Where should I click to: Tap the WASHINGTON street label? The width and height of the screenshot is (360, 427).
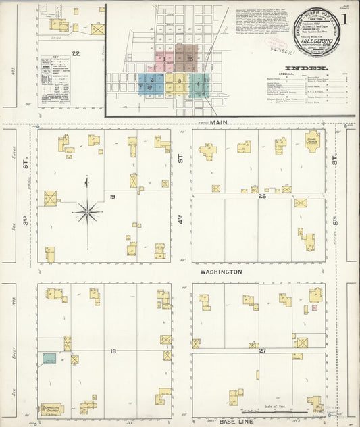click(x=220, y=272)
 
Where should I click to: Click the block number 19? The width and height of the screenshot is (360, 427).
click(x=113, y=197)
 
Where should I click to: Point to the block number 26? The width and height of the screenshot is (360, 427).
click(x=261, y=196)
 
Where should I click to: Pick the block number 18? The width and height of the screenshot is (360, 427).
click(x=113, y=351)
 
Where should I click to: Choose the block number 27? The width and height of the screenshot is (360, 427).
click(x=261, y=351)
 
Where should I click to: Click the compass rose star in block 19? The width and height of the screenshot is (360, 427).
click(x=87, y=213)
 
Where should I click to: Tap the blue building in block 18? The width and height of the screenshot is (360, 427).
click(x=49, y=359)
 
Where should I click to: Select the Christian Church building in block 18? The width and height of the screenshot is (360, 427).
click(x=52, y=408)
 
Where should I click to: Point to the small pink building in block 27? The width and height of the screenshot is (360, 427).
click(x=315, y=309)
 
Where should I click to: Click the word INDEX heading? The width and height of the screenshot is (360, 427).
click(x=307, y=68)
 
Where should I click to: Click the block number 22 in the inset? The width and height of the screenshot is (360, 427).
click(x=76, y=53)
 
